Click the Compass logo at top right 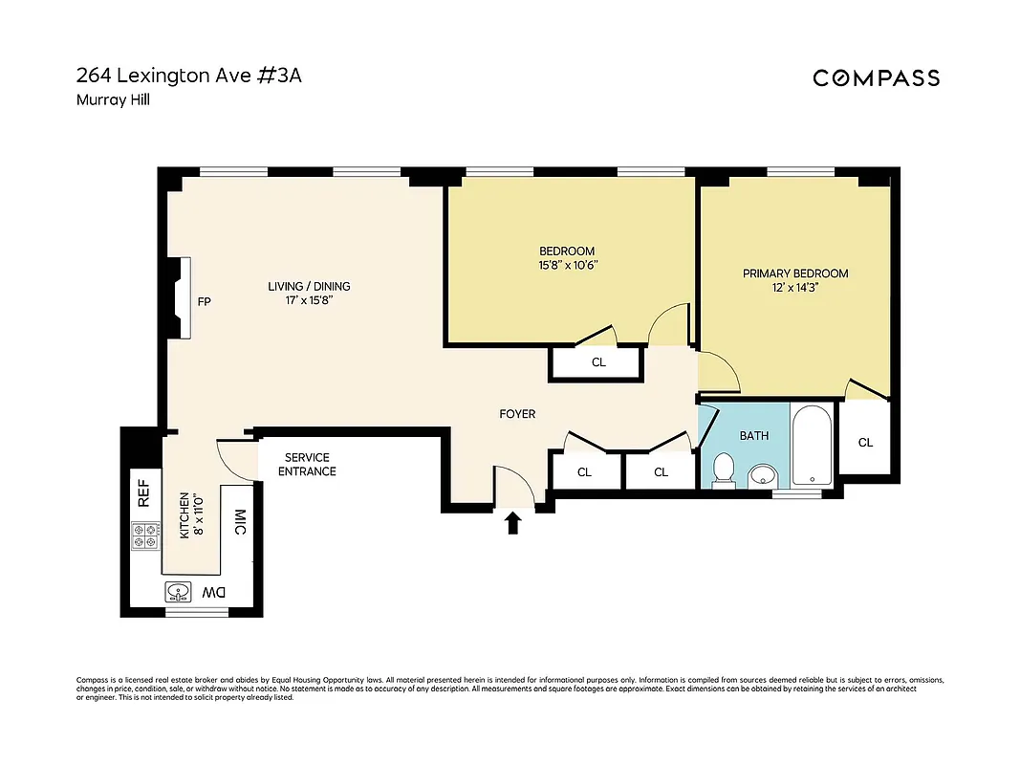coord(876,78)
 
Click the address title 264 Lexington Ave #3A coord(188,76)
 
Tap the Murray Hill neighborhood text coord(112,98)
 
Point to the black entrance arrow coord(513,522)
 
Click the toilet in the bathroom coord(725,470)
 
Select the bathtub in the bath coord(814,445)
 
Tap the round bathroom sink coord(762,473)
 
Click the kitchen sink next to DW coord(178,593)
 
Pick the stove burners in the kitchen coord(145,535)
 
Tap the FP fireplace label coord(204,302)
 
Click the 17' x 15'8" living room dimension coord(308,300)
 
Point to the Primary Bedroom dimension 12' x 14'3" coord(794,287)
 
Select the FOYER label coord(517,414)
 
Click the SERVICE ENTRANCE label coord(307,465)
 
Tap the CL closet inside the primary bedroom coord(865,443)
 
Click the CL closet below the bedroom coord(598,362)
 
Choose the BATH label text coord(754,436)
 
